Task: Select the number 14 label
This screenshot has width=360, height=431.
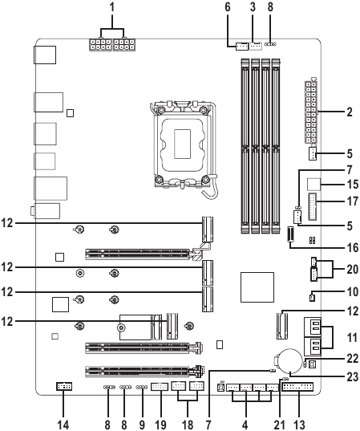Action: [x=65, y=421]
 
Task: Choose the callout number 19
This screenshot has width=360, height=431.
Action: [x=160, y=421]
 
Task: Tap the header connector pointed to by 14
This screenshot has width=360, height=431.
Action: [x=65, y=388]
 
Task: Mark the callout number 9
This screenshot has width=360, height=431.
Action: [x=141, y=421]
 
